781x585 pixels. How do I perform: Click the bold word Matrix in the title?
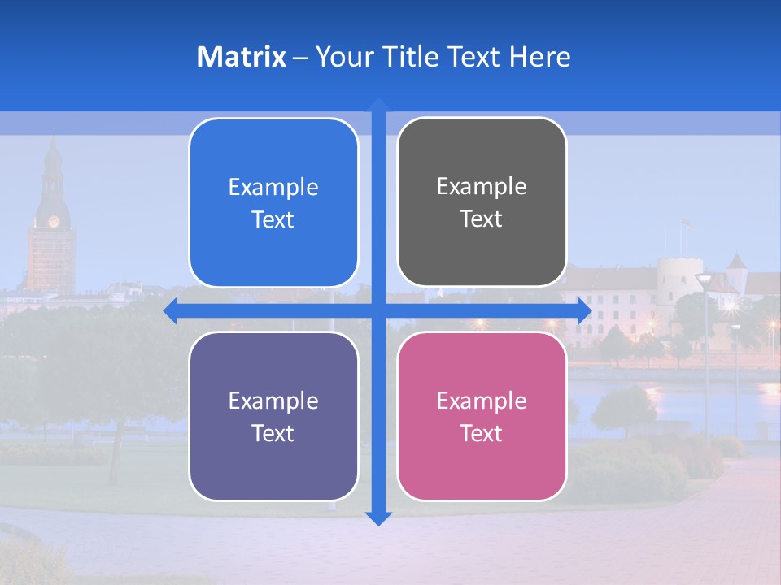(x=242, y=57)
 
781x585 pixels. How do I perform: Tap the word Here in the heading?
(x=539, y=57)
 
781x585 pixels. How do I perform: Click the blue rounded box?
(x=273, y=202)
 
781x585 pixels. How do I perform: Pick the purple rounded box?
(x=273, y=416)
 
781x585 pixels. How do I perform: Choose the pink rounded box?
(x=482, y=416)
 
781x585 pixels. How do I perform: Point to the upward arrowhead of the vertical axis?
(x=378, y=105)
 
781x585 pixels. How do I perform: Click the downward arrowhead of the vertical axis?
(x=378, y=518)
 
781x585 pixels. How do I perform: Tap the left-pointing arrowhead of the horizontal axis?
(x=170, y=311)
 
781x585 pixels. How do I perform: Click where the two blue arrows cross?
(x=378, y=311)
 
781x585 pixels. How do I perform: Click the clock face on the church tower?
(x=54, y=221)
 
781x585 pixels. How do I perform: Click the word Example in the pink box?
(x=482, y=401)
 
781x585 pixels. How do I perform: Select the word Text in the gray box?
(x=482, y=219)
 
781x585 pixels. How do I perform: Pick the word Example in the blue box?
(x=273, y=187)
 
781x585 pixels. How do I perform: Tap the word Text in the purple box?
(x=273, y=433)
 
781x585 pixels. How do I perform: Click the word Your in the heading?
(x=341, y=57)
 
